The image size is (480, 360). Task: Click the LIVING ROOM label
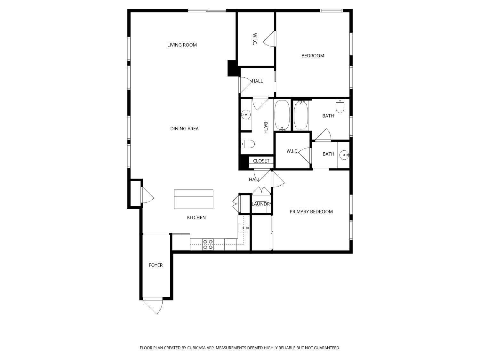pos(182,45)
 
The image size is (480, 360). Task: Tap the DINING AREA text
pos(184,129)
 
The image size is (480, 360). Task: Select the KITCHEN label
pos(196,218)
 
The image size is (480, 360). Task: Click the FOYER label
pos(156,265)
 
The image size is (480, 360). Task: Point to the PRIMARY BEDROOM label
pos(311,212)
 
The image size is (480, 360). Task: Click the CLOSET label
pos(261,161)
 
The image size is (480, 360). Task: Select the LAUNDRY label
pos(261,204)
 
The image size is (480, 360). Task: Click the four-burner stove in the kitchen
pos(208,244)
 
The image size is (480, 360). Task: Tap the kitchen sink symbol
pos(244,228)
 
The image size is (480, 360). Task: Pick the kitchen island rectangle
pos(194,199)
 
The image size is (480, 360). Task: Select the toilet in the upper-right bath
pos(340,106)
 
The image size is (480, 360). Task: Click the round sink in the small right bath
pos(344,155)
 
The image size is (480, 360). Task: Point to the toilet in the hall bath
pos(247,144)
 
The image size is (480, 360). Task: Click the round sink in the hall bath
pos(246,114)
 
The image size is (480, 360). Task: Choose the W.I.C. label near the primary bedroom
pos(292,151)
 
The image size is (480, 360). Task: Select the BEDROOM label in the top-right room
pos(313,56)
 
